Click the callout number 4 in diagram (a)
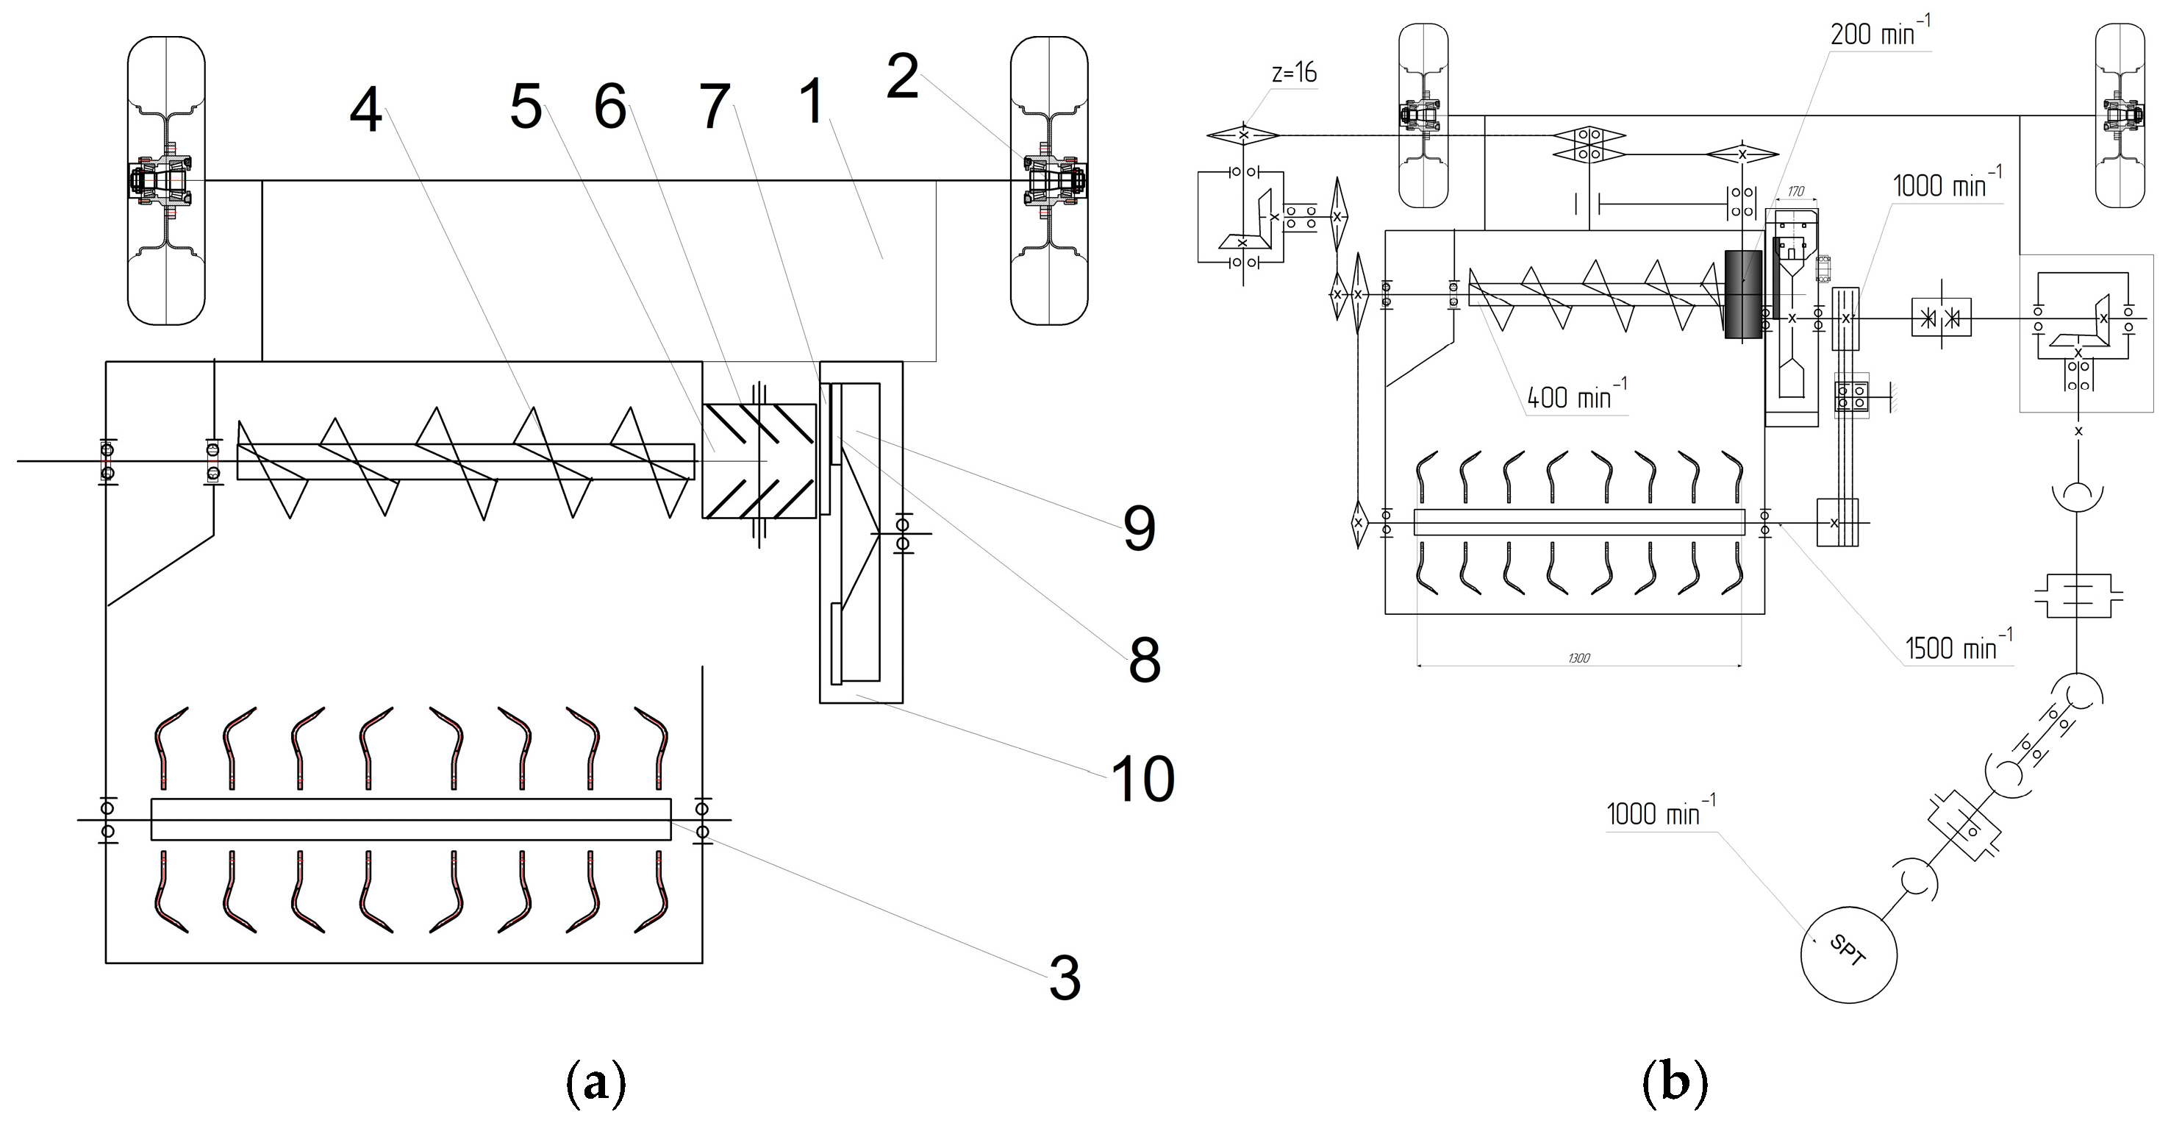coord(366,112)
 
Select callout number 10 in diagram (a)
coord(1142,779)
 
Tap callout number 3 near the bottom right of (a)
coord(1065,979)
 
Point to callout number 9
coord(1139,530)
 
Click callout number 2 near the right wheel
coord(902,76)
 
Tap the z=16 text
coord(1294,74)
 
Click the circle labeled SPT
coord(1848,955)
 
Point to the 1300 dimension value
coord(1578,658)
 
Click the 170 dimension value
coord(1795,191)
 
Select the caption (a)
coord(595,1083)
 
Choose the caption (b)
coord(1675,1083)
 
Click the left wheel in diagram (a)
coord(166,180)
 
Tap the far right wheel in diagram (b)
coord(2120,115)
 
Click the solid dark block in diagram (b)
coord(1742,294)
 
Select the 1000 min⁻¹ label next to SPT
coord(1659,813)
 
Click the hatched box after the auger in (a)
coord(759,460)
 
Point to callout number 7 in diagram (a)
coord(715,108)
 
